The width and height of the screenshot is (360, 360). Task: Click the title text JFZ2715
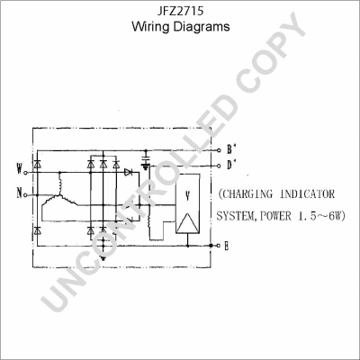coord(180,11)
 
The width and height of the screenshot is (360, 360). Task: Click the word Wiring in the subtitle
coord(152,27)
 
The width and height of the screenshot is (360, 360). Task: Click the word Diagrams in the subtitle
coord(202,27)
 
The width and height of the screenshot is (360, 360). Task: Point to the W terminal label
coord(19,167)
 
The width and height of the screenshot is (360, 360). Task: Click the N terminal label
coord(19,193)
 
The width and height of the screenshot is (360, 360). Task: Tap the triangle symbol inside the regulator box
coord(187,220)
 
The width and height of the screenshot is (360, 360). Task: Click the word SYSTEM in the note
coord(237,216)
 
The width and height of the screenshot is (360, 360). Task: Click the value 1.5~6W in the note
coord(326,216)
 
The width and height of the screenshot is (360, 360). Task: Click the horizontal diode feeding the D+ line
coord(129,169)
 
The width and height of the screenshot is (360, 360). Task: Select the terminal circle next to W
coord(29,168)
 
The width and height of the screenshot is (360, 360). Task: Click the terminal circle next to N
coord(29,193)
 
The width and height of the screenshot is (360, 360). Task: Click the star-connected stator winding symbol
coord(60,200)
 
